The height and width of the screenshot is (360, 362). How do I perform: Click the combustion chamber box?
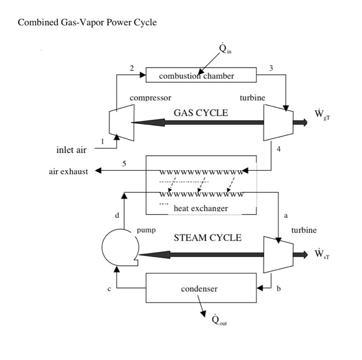(201, 76)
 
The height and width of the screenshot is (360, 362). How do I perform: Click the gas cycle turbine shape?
(278, 122)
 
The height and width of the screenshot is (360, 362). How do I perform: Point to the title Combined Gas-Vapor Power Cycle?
(87, 23)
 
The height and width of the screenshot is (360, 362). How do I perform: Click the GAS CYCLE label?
(201, 113)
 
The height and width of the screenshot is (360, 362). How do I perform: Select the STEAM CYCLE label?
(207, 238)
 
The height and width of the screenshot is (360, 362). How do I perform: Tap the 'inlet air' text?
(71, 150)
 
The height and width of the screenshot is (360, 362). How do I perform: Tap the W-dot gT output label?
(322, 114)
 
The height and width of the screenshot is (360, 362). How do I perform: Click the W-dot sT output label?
(322, 254)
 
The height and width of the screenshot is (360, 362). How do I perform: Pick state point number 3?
(272, 68)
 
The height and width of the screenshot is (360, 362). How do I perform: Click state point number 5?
(124, 164)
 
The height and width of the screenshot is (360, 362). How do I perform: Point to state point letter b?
(279, 288)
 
